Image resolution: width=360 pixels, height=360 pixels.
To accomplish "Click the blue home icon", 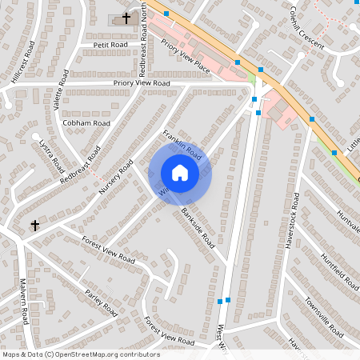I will (x=179, y=173).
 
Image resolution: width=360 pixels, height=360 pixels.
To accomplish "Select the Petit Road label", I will (x=111, y=46).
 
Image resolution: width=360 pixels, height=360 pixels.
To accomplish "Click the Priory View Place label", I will (x=185, y=58).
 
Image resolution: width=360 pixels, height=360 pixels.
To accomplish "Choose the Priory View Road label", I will (x=142, y=83).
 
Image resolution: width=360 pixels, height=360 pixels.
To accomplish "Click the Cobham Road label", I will (x=86, y=124).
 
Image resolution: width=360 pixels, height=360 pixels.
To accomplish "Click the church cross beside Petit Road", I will (x=126, y=18).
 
